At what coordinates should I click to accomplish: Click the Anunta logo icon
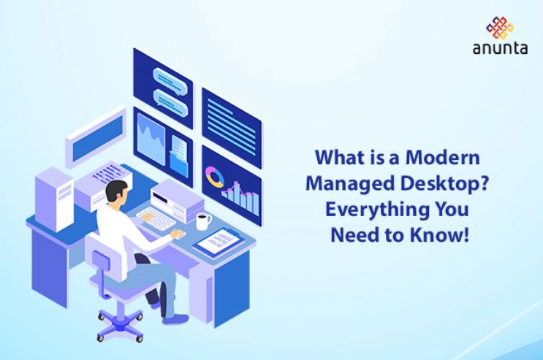pyautogui.click(x=500, y=27)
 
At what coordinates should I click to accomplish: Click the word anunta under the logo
pyautogui.click(x=500, y=50)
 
